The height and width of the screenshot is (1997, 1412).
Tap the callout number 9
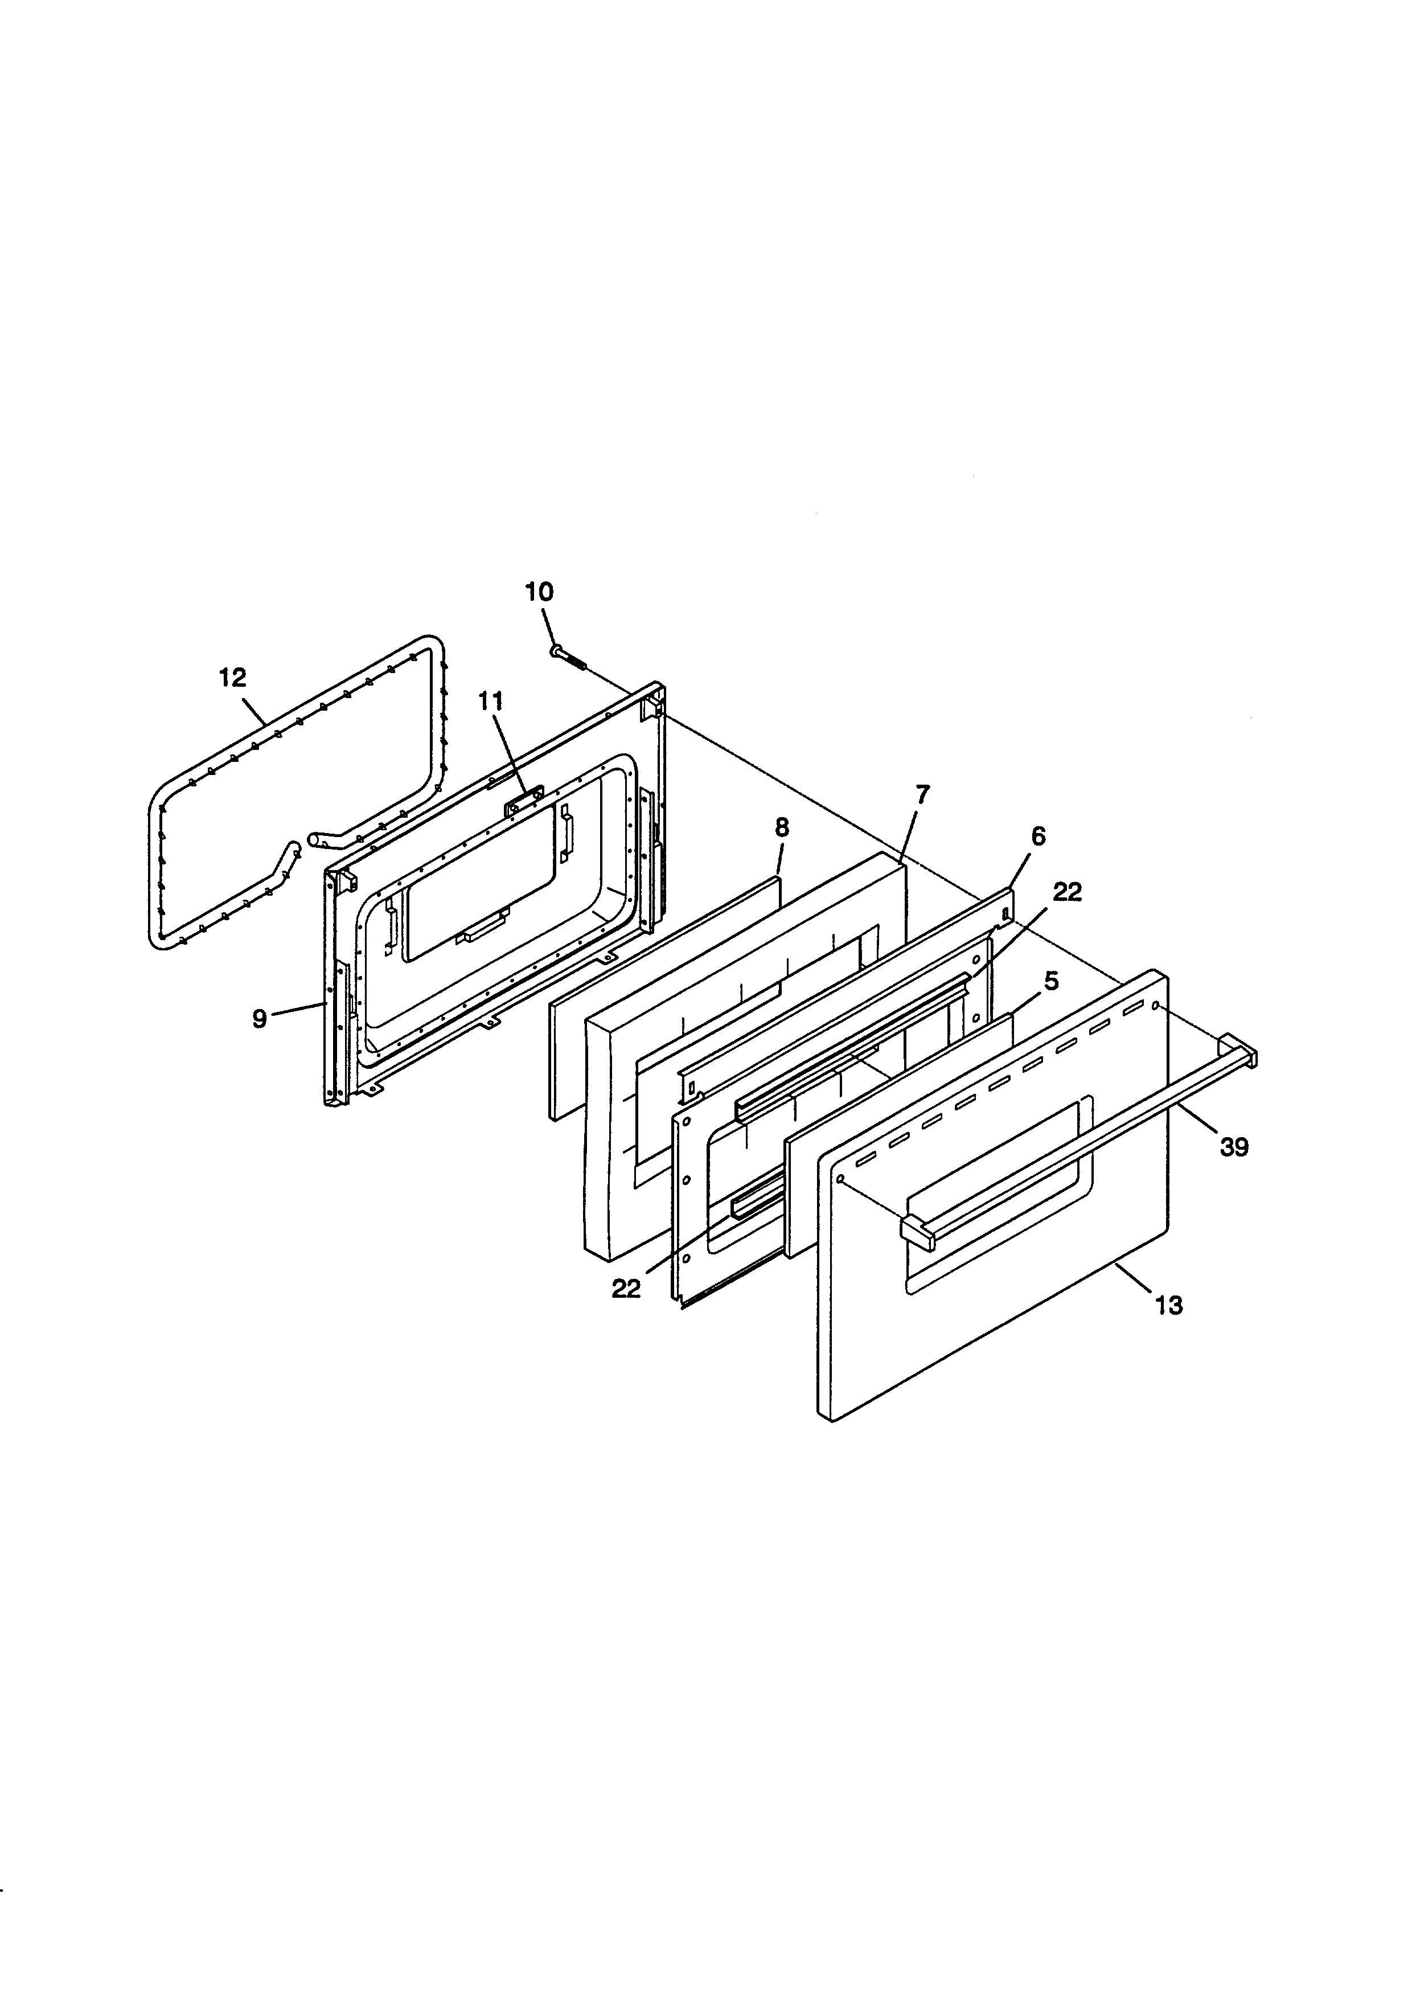[259, 1019]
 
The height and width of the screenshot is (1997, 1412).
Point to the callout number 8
[782, 828]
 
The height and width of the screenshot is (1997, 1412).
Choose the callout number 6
[1038, 836]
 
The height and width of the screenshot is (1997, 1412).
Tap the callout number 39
[1234, 1148]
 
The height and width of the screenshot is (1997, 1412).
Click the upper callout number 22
[1068, 892]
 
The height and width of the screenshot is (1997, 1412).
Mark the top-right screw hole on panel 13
[1156, 1006]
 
